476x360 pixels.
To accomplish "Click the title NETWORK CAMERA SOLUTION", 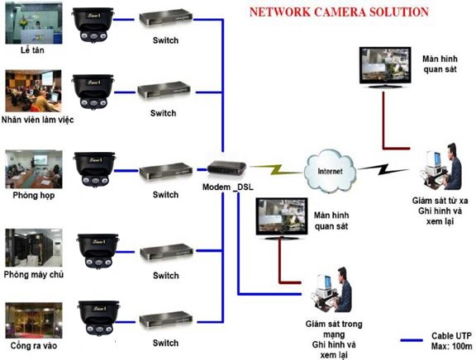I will point(340,12).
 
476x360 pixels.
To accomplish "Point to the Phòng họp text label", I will point(28,196).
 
